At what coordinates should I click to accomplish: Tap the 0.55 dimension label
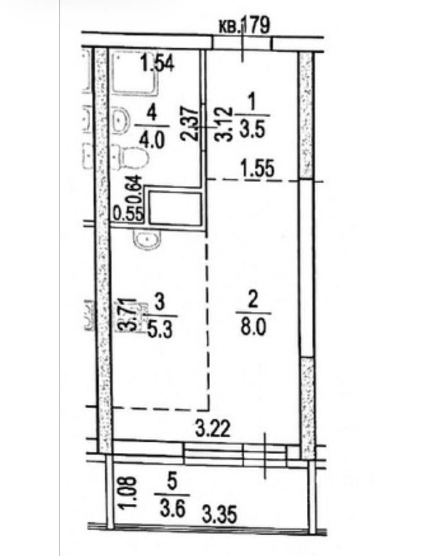click(127, 212)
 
